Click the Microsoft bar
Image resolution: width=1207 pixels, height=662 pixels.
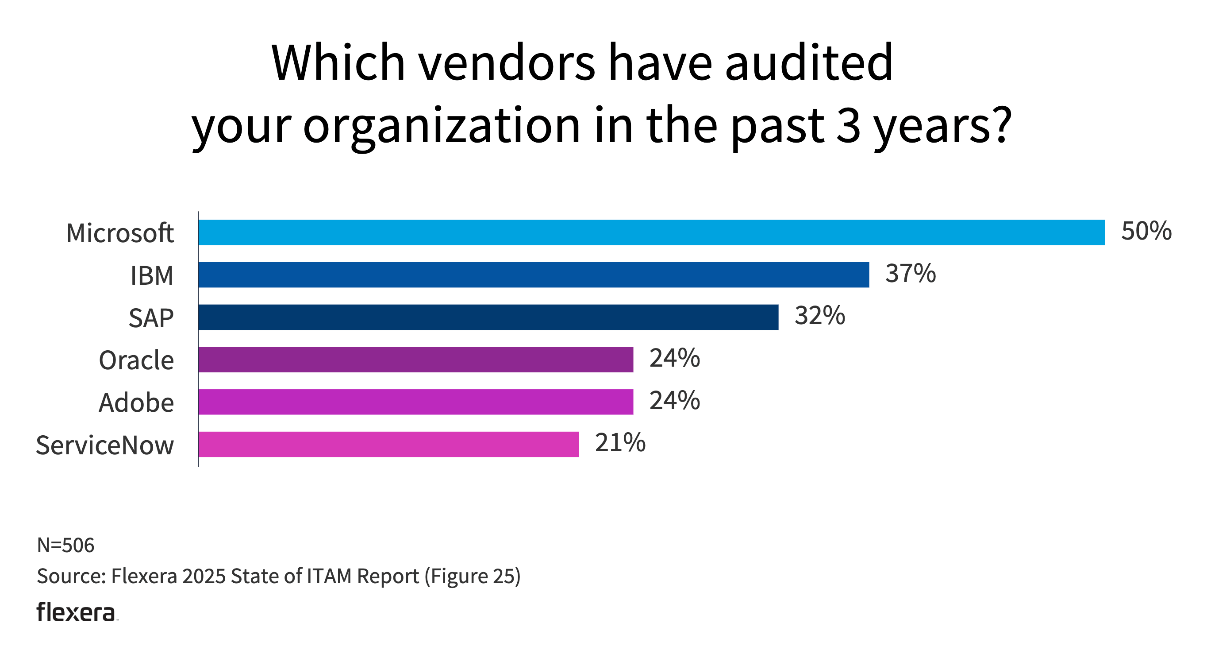point(651,232)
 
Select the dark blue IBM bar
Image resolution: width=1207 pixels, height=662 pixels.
point(533,275)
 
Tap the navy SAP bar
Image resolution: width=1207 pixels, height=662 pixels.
point(488,317)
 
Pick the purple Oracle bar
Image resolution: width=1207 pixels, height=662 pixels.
point(415,360)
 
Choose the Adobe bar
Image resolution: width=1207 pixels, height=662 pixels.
point(415,402)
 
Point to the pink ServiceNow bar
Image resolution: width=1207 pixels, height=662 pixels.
point(388,444)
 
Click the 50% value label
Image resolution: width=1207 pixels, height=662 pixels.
point(1146,231)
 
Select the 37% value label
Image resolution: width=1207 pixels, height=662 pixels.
point(910,273)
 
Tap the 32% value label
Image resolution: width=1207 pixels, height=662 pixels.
point(819,316)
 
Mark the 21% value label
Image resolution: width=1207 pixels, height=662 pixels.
point(620,442)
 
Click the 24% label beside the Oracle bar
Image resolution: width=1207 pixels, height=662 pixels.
point(674,358)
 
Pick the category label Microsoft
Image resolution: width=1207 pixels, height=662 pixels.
point(120,233)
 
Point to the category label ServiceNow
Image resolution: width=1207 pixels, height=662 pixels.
point(104,445)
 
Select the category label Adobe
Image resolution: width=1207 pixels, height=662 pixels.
point(136,403)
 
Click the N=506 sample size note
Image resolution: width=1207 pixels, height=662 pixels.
point(65,545)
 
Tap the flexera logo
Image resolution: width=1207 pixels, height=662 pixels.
point(77,612)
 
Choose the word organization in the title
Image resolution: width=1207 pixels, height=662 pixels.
point(442,126)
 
